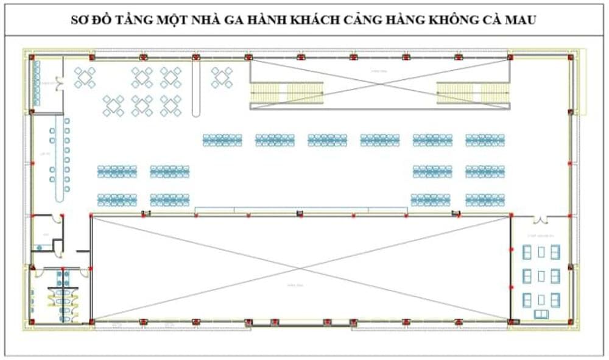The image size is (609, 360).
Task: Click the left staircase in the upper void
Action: pyautogui.click(x=287, y=93)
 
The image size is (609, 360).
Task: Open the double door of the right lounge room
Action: pyautogui.click(x=540, y=219)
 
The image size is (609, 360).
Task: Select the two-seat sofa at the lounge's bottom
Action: pyautogui.click(x=541, y=314)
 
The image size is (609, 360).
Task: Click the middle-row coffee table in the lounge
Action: pyautogui.click(x=541, y=276)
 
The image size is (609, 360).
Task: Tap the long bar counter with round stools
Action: pyautogui.click(x=60, y=160)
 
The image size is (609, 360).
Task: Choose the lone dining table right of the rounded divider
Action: pyautogui.click(x=222, y=77)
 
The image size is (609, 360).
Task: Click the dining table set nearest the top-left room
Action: pyautogui.click(x=85, y=77)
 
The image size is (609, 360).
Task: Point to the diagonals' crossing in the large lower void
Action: pyautogui.click(x=300, y=267)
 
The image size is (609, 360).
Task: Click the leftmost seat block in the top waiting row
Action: pyautogui.click(x=222, y=140)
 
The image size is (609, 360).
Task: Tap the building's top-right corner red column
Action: pyautogui.click(x=570, y=57)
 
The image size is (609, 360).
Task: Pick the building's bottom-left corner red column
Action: pyautogui.click(x=32, y=322)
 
